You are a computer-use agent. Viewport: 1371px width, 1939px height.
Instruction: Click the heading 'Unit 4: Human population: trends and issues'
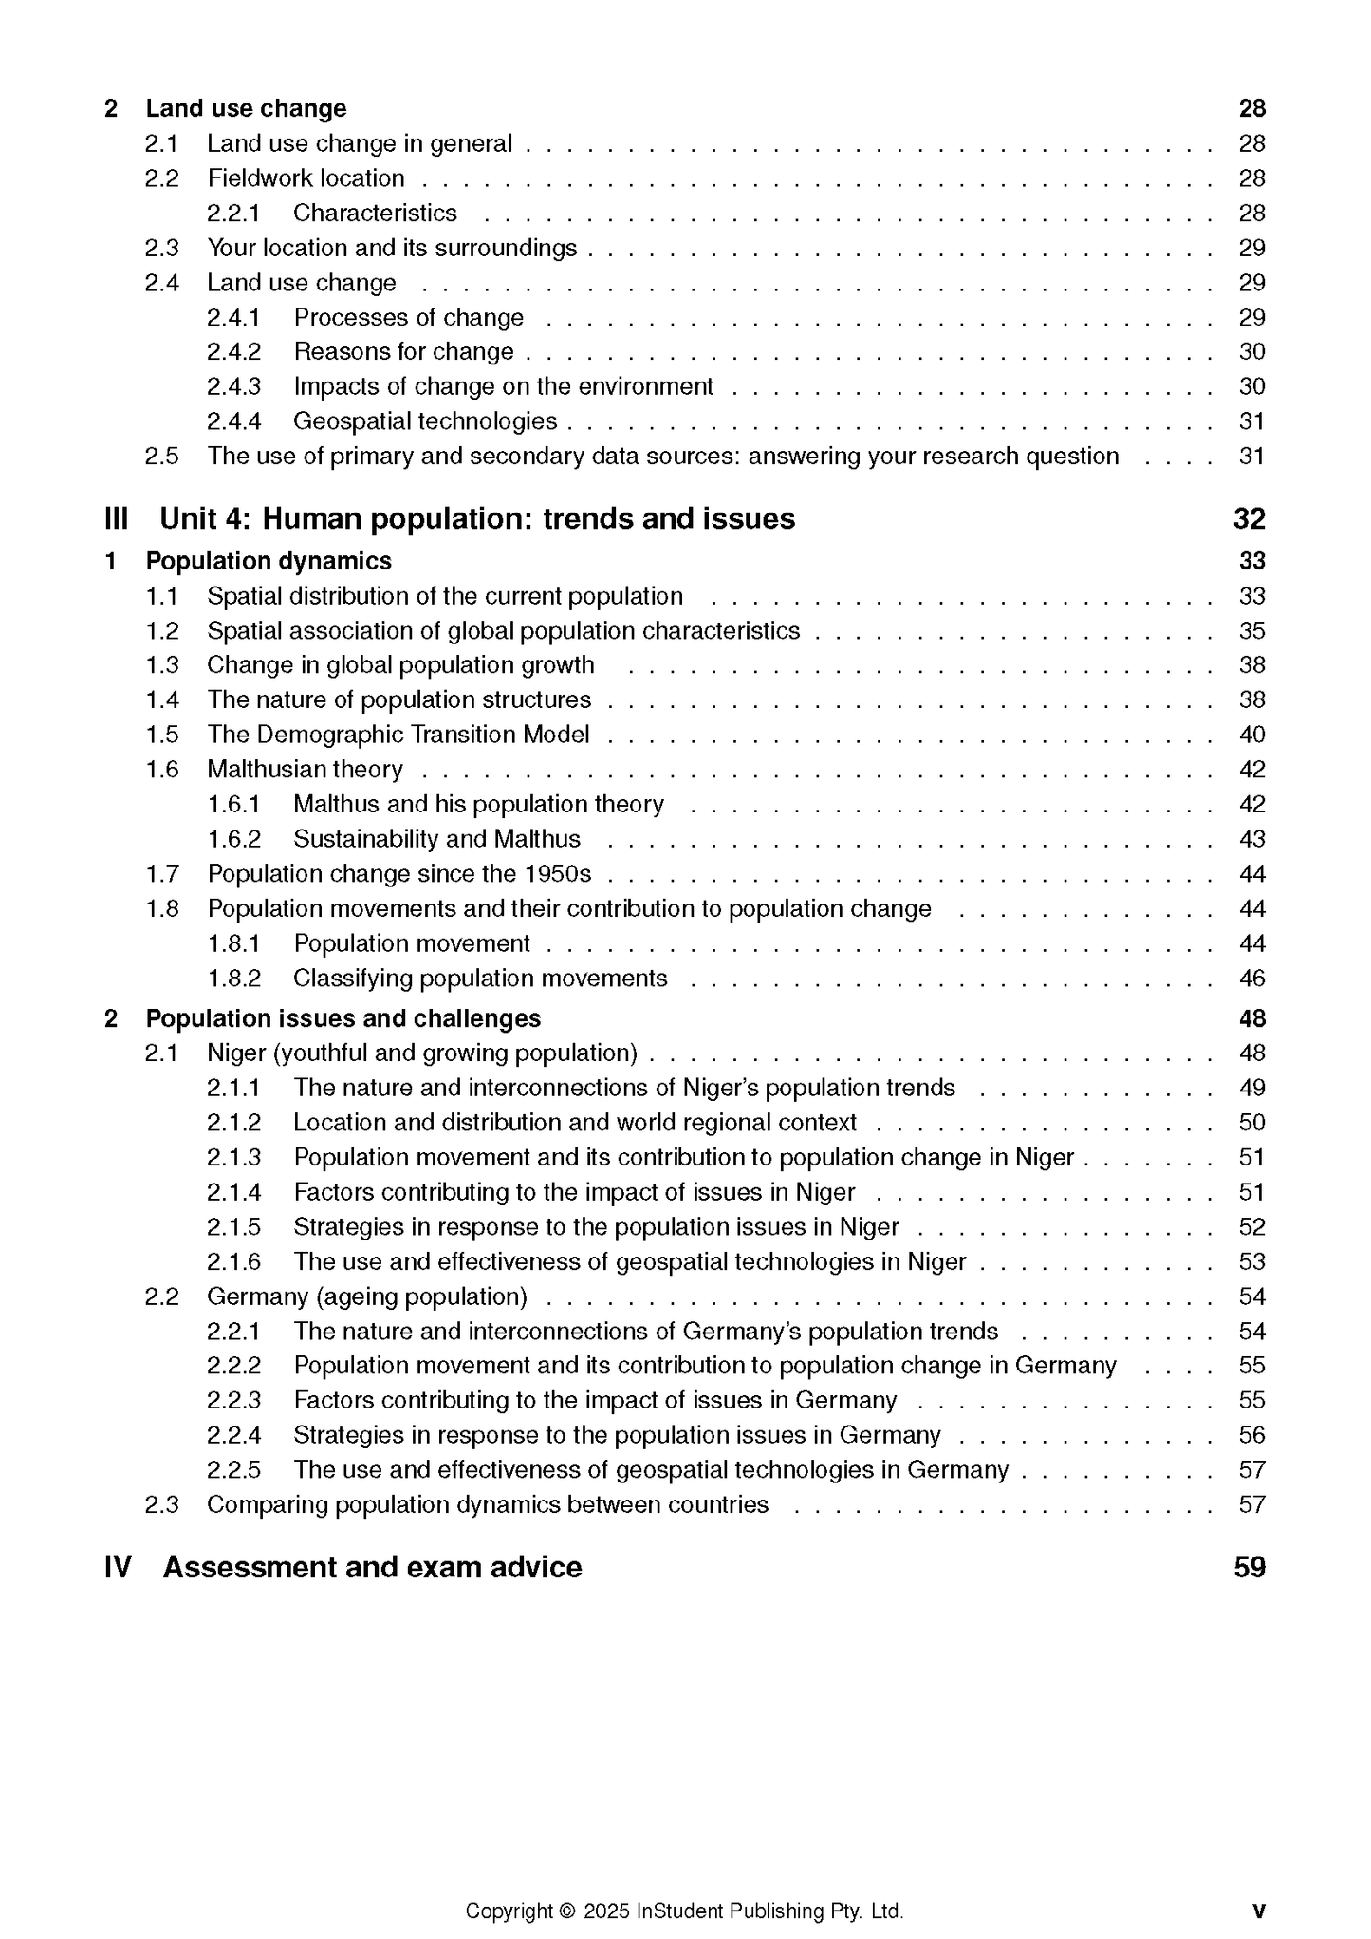477,519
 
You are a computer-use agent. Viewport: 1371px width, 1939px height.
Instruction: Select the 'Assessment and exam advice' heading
372,1567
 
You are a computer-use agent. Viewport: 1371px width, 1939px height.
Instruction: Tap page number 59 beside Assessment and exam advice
1250,1567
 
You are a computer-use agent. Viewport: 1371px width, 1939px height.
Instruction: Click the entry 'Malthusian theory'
305,770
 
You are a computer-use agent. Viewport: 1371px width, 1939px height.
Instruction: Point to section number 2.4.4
233,421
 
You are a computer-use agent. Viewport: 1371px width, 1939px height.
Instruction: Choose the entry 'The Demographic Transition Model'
398,735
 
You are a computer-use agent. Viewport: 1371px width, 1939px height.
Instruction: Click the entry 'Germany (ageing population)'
367,1296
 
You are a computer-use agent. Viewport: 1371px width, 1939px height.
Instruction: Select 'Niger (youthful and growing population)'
422,1053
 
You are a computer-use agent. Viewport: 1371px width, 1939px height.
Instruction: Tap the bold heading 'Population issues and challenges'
343,1018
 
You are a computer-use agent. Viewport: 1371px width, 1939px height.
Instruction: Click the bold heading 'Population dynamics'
269,561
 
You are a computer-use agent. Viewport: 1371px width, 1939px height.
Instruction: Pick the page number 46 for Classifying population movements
1251,979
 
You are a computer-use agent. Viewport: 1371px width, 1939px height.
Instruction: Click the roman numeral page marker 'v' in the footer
1258,1911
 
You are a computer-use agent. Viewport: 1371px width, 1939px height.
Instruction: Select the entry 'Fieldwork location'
306,178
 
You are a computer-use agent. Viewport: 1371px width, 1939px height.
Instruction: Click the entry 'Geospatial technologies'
425,421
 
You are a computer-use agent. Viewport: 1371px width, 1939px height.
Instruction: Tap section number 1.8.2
233,979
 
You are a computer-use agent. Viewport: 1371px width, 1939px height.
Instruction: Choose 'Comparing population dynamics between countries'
488,1505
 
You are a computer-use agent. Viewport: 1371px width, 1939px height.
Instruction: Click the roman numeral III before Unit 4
116,519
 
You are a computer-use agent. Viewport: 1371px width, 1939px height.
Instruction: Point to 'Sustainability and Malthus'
436,839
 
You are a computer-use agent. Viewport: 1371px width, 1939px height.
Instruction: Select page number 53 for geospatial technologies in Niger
1251,1262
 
